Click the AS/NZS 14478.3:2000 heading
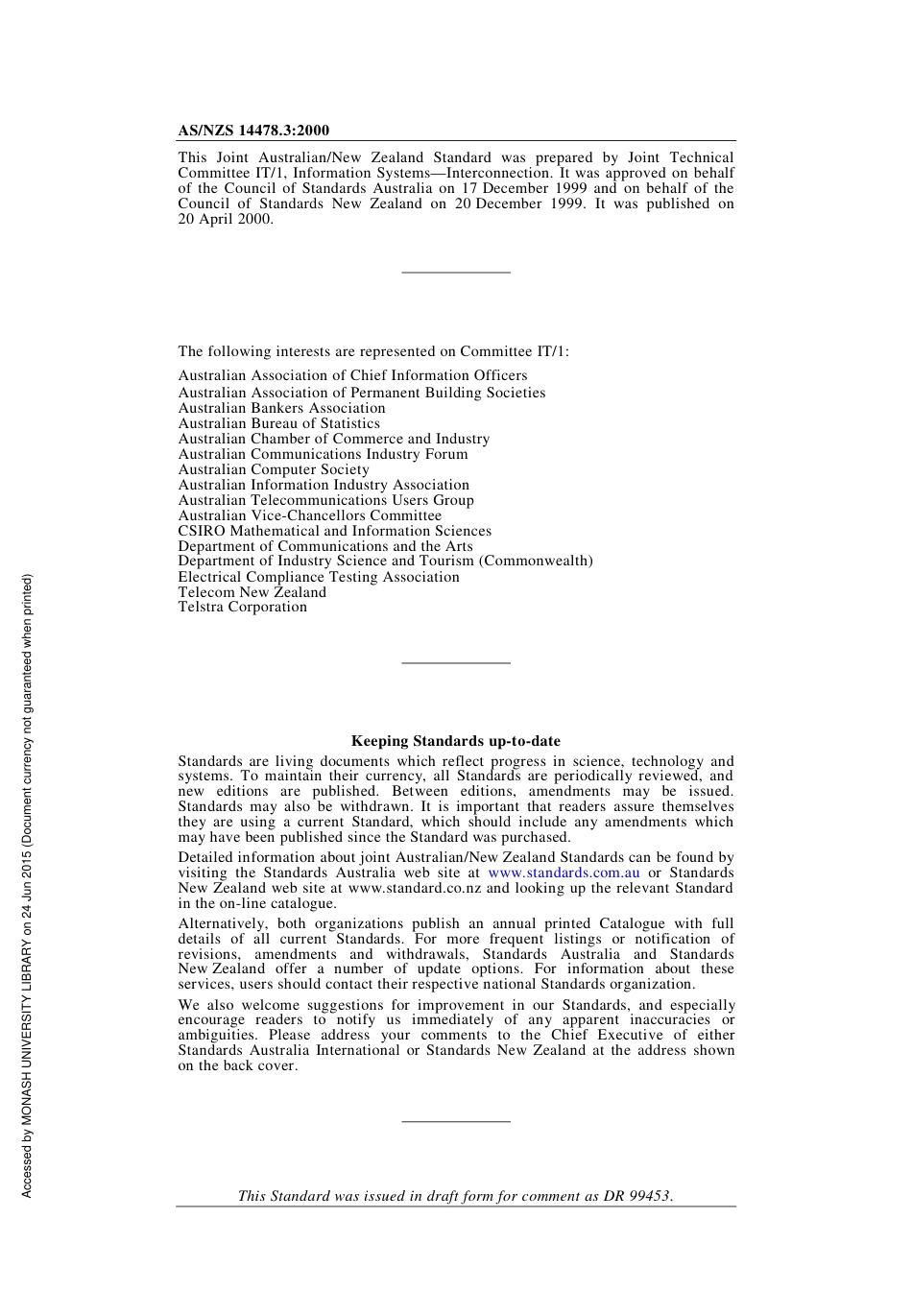(253, 131)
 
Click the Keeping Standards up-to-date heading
(455, 741)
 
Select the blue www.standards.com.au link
(564, 873)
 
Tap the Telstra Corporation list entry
(242, 607)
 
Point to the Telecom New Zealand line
(252, 592)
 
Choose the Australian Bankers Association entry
(281, 408)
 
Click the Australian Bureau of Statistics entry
(278, 423)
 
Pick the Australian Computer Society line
(274, 469)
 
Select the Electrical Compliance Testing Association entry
(318, 577)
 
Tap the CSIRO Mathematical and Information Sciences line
(334, 531)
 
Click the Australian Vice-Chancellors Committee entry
(309, 515)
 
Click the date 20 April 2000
(225, 219)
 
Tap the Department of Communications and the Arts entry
(324, 546)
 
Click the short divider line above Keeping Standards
(455, 662)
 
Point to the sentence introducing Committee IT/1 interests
(372, 351)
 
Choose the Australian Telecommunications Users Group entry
(325, 500)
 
